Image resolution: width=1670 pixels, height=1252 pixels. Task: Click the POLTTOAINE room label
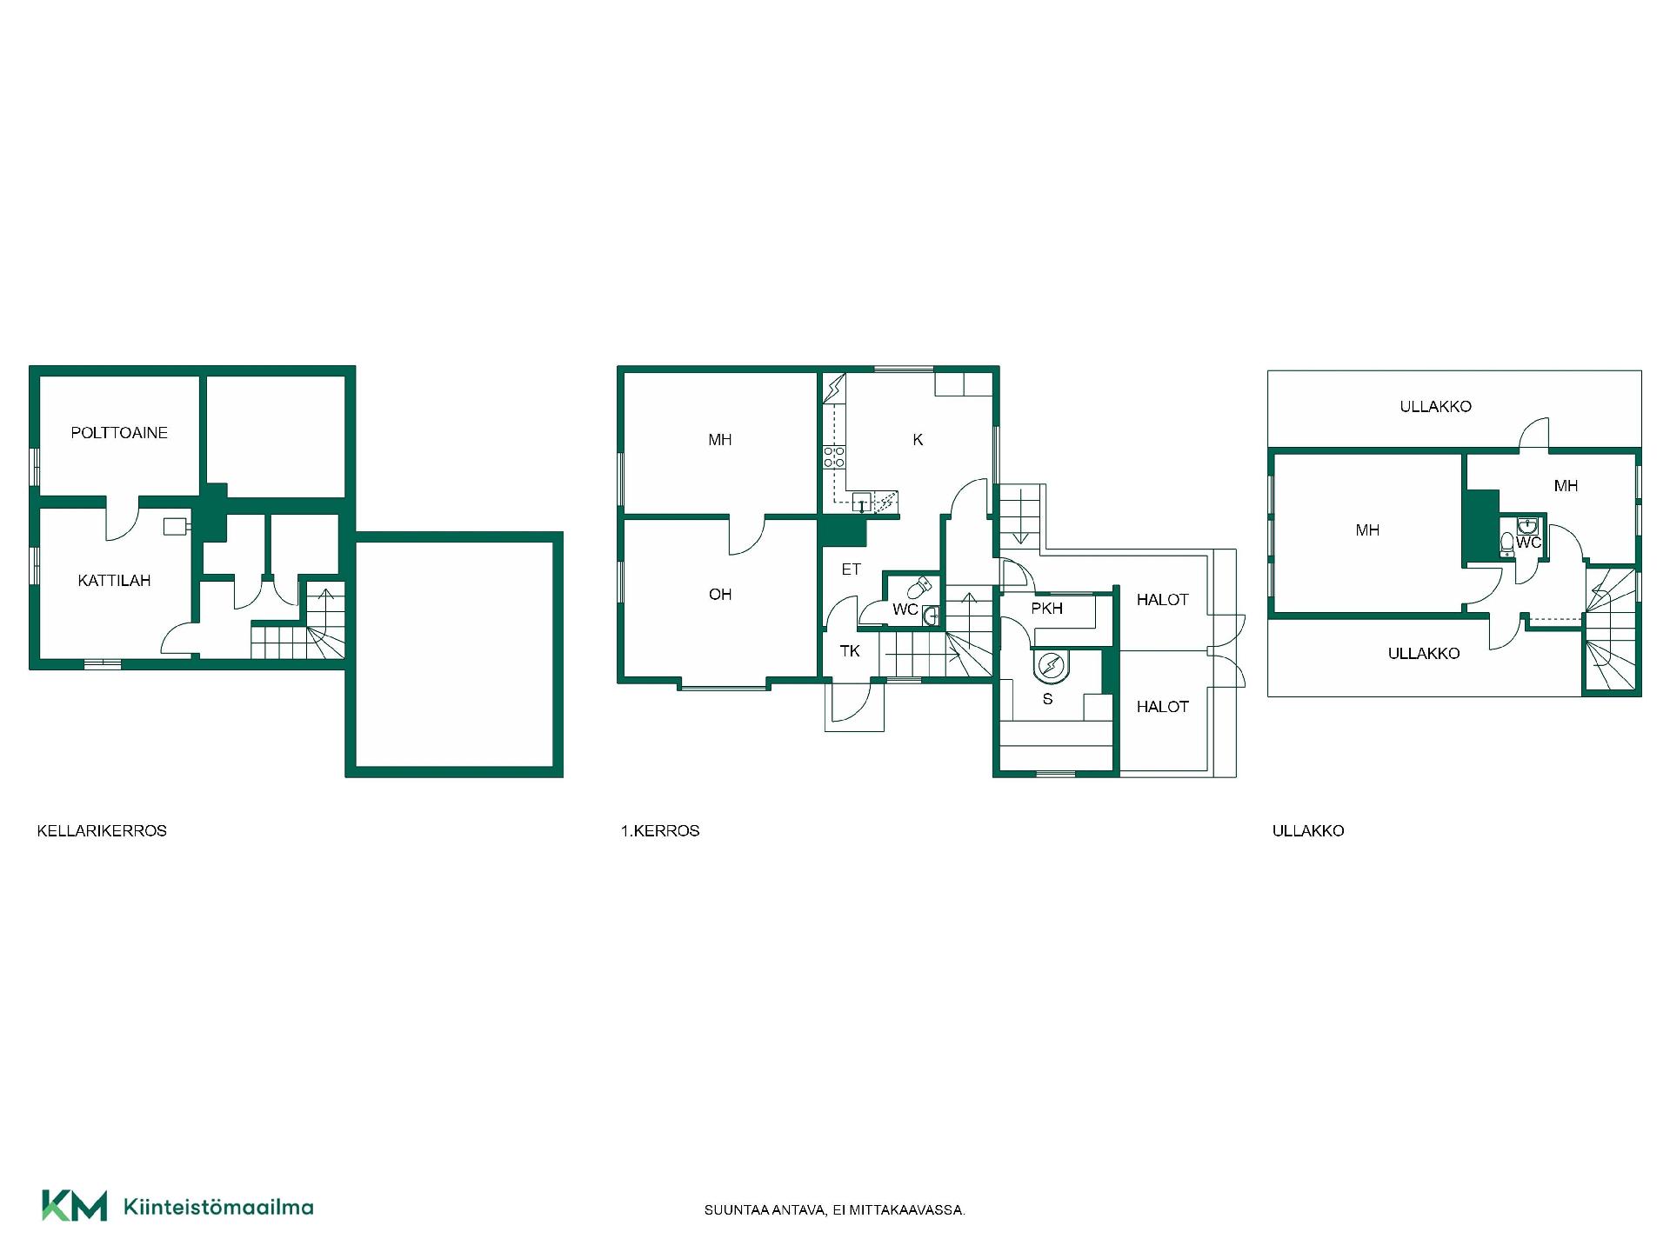(x=119, y=433)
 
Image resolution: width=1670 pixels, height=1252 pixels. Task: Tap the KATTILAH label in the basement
(x=114, y=581)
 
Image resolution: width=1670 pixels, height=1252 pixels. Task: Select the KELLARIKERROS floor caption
(x=102, y=831)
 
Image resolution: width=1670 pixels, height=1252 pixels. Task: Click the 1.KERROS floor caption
(x=660, y=831)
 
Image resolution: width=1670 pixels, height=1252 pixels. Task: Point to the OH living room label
(x=720, y=595)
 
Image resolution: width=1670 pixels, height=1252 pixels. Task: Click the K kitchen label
(x=918, y=440)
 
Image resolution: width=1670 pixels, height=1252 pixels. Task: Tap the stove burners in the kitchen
(x=835, y=457)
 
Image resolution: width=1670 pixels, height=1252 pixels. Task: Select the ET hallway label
(x=851, y=569)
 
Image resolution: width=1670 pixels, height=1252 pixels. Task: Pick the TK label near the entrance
(x=850, y=651)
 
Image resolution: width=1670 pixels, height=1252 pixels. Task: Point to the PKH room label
(x=1047, y=609)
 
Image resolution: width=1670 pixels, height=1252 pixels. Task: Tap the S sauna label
(x=1047, y=699)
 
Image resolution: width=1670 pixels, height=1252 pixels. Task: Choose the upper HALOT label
(x=1162, y=600)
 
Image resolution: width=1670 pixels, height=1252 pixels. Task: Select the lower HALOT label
(x=1162, y=707)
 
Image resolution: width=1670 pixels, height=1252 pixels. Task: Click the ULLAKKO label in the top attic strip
(x=1435, y=406)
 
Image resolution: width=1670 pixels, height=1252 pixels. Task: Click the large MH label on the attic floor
(x=1367, y=530)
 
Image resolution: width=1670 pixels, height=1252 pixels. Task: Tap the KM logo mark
(x=75, y=1205)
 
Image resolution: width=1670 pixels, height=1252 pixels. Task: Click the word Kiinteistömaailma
(x=219, y=1207)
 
